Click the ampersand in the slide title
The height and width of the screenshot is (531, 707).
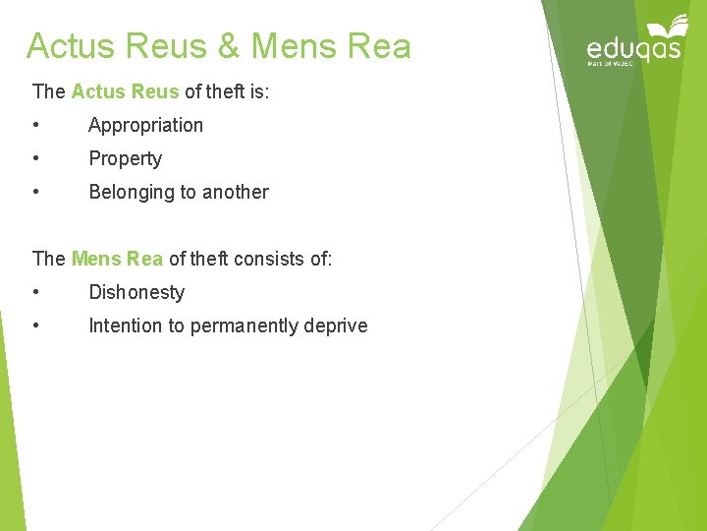(x=229, y=46)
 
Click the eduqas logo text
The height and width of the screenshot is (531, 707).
(x=633, y=49)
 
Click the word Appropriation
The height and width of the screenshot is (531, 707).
(x=145, y=126)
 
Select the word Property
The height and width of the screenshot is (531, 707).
(x=125, y=159)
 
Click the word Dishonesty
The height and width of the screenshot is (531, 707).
(x=136, y=293)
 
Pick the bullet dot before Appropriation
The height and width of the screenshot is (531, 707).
(x=35, y=126)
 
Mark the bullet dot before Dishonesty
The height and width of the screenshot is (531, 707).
(x=35, y=293)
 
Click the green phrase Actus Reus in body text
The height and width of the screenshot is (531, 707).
(x=125, y=92)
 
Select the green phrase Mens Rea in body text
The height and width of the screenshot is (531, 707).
(x=117, y=260)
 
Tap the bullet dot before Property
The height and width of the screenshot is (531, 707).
(x=35, y=159)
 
